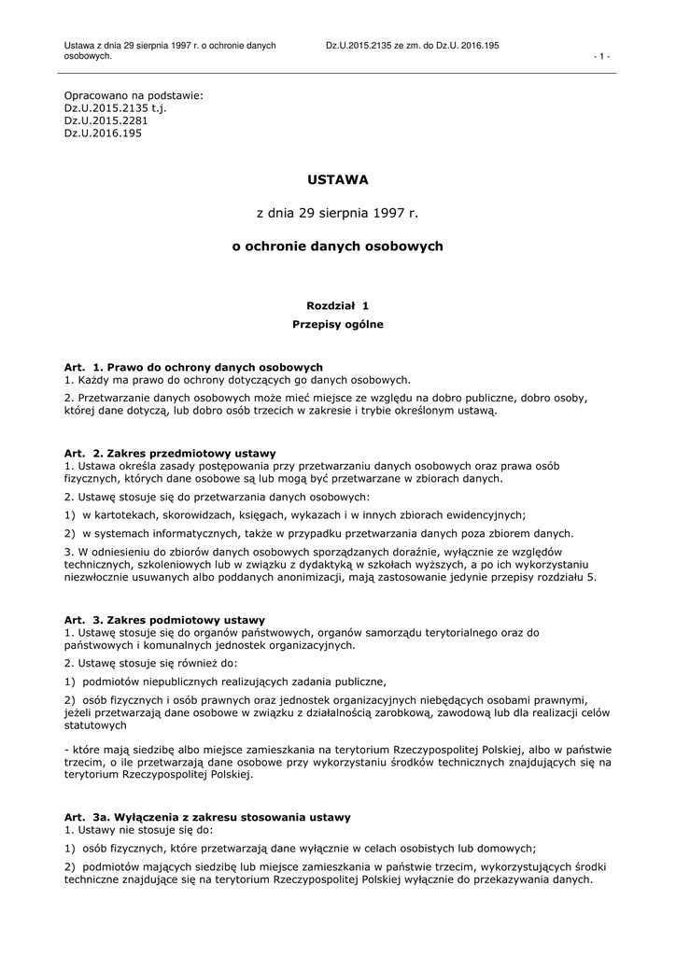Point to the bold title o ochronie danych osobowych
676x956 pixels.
[338, 246]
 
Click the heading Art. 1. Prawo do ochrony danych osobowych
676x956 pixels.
[193, 368]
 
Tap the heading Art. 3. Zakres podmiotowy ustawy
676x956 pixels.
[164, 620]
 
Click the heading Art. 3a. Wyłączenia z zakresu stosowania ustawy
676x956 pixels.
[207, 817]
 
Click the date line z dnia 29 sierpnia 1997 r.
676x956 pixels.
[338, 213]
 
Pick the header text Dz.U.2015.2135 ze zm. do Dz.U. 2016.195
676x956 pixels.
[412, 45]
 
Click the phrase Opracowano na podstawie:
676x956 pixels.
[133, 96]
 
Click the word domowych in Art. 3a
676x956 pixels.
[505, 849]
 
